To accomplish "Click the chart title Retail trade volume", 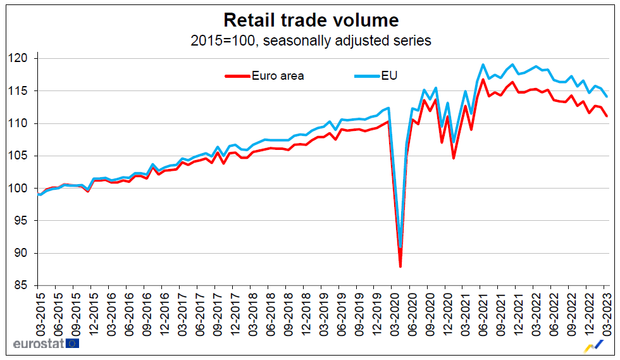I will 311,20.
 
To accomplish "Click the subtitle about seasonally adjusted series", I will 311,40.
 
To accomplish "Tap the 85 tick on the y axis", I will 25,285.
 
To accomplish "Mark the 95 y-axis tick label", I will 25,221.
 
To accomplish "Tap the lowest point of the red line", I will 400,266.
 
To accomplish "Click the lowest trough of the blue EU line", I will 400,247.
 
